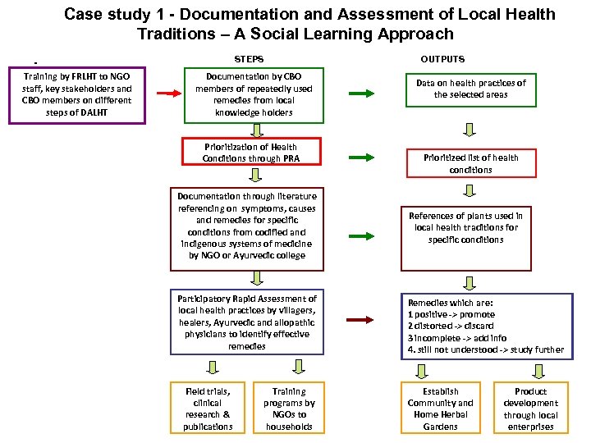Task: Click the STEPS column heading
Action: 249,59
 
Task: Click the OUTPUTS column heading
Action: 442,59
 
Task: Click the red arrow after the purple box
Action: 168,94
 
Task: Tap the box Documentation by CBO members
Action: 254,94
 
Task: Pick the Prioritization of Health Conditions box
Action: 250,153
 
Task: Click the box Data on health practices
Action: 470,89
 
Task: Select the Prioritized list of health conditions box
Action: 470,163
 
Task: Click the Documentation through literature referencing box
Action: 247,226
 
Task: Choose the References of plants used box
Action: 466,237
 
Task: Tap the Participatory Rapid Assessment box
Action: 247,322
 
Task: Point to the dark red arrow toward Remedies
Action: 362,320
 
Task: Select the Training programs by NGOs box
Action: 289,409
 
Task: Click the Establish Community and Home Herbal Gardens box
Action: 441,409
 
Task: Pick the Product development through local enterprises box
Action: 530,409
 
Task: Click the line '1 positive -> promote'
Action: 451,314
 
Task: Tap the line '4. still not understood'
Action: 485,349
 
